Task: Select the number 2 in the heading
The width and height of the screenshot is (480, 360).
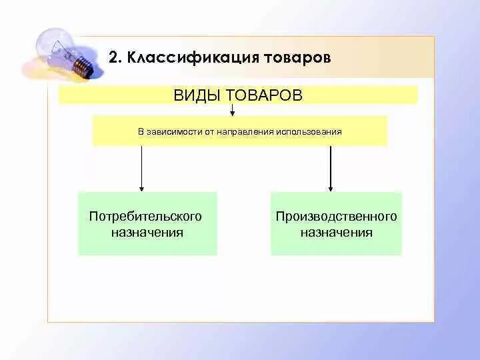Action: tap(113, 57)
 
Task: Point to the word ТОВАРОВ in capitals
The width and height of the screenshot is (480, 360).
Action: tap(263, 95)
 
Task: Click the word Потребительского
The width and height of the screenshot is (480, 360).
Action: tap(145, 217)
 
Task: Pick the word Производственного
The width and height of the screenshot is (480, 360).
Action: tap(336, 217)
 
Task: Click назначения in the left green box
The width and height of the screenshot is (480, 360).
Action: tap(147, 233)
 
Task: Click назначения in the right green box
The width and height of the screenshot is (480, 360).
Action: tap(336, 233)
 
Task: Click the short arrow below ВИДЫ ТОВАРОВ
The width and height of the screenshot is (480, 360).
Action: tap(232, 109)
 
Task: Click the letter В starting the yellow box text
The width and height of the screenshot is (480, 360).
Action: tap(141, 131)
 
